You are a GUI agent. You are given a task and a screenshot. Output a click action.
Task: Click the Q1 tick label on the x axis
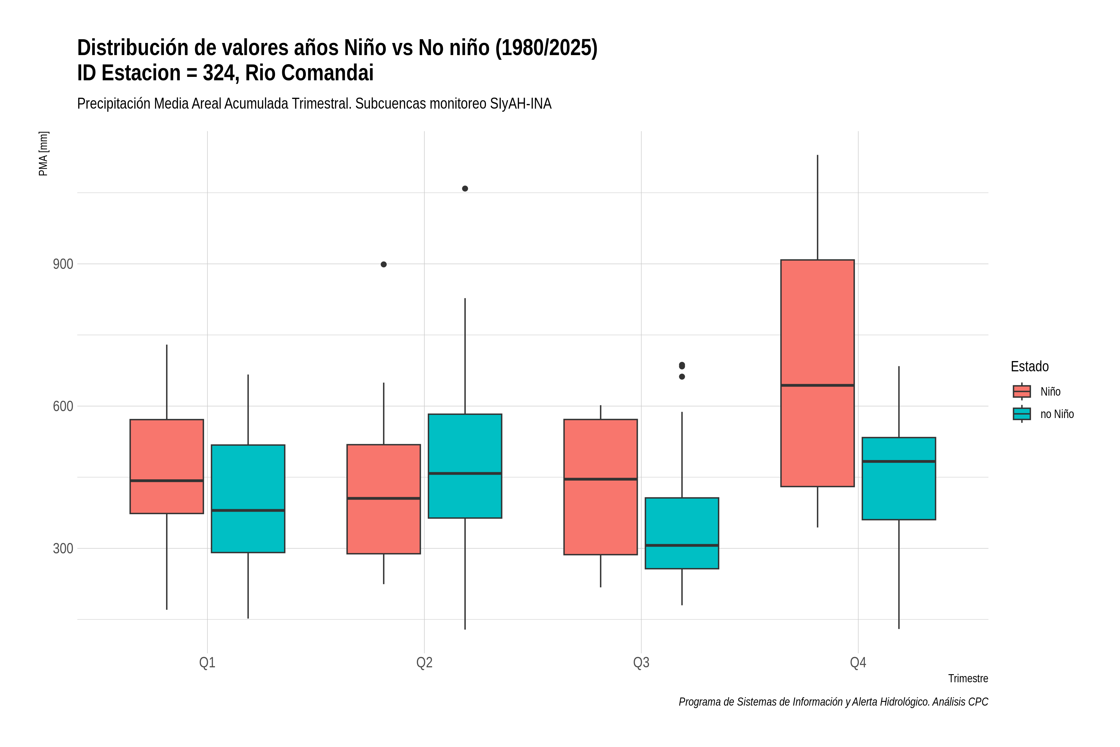point(207,663)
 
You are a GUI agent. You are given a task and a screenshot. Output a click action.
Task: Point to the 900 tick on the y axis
point(63,264)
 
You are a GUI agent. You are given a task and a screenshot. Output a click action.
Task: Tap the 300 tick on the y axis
point(63,548)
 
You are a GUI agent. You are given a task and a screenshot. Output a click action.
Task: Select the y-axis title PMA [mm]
point(43,154)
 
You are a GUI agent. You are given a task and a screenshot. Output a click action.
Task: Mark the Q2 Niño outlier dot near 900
point(384,264)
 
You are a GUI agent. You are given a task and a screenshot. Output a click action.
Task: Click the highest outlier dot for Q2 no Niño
point(465,189)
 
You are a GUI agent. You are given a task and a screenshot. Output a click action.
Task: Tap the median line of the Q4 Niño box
point(817,385)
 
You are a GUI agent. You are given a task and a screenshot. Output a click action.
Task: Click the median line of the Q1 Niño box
point(167,481)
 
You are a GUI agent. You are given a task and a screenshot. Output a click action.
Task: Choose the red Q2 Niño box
point(384,499)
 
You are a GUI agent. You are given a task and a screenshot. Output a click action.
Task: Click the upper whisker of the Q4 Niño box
point(818,207)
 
